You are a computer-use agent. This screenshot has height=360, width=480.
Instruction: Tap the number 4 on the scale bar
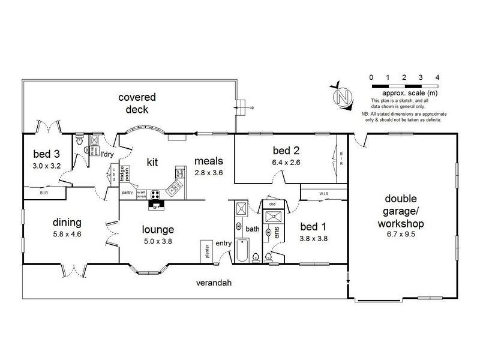click(x=437, y=77)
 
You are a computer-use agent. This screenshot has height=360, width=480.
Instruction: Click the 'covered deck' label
click(x=137, y=103)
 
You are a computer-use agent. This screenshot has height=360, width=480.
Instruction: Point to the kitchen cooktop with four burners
click(x=156, y=194)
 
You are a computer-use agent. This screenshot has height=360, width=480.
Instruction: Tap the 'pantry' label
click(x=127, y=193)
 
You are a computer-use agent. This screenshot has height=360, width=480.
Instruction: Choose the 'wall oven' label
click(x=142, y=194)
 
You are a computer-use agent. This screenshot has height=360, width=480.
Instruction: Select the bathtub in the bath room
click(x=242, y=251)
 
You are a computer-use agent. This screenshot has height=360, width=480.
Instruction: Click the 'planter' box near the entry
click(x=205, y=249)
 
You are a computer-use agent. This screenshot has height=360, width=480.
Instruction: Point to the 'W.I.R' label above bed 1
click(x=323, y=193)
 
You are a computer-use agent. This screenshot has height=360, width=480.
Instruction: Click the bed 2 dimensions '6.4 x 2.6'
click(x=285, y=161)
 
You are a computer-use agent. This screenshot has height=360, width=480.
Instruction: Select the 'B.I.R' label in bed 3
click(x=44, y=193)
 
